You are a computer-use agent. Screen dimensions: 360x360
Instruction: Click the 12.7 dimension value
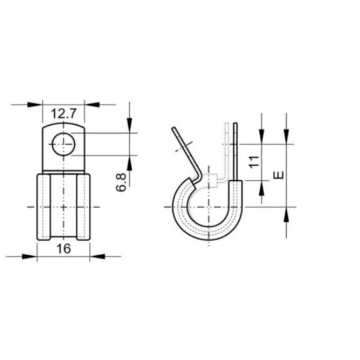[63, 113]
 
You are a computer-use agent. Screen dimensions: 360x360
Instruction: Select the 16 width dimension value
[63, 249]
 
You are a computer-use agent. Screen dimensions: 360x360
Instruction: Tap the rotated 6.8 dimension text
[120, 183]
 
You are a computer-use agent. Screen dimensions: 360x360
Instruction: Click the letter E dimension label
[278, 175]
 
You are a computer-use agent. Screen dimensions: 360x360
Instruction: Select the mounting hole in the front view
[63, 144]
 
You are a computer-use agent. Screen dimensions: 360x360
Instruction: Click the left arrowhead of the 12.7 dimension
[37, 104]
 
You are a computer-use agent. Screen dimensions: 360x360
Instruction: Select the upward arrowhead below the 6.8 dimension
[130, 160]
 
